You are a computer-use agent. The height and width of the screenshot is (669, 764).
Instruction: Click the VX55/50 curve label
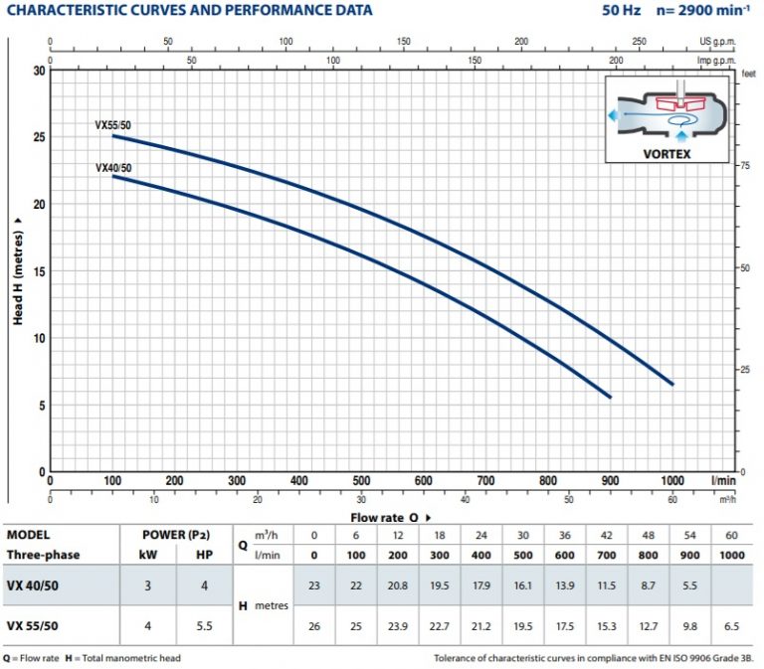112,125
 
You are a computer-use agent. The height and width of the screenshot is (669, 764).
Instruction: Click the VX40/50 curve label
112,168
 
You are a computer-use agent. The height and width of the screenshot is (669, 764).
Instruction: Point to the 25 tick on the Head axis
39,137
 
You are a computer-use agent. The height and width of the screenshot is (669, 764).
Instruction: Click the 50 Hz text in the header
621,11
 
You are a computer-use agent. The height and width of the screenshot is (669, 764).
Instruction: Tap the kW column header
147,555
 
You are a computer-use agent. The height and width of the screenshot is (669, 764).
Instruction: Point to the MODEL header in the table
28,534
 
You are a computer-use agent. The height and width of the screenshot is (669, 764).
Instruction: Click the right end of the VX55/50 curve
672,384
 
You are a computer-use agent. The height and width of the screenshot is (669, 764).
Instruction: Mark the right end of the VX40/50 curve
609,397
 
